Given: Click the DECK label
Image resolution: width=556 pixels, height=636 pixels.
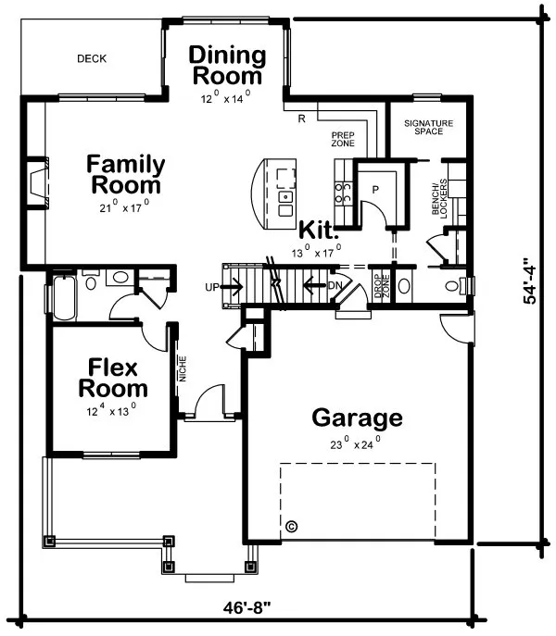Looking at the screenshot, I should [x=91, y=58].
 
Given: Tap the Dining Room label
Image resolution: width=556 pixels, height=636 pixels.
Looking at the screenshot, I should [x=228, y=66].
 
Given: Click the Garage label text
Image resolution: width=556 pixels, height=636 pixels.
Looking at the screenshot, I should [x=357, y=418].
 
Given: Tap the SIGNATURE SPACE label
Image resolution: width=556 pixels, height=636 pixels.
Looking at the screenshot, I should [x=428, y=127].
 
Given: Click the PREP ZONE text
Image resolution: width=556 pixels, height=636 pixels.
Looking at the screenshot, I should [x=344, y=140].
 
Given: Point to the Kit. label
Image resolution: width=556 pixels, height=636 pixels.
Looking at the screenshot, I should [x=319, y=228].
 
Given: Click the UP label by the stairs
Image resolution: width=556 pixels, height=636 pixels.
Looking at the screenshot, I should [x=212, y=287].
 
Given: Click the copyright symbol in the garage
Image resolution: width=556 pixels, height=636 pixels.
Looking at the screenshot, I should [x=292, y=526].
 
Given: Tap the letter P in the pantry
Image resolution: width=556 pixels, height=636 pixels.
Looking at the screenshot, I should [x=375, y=187].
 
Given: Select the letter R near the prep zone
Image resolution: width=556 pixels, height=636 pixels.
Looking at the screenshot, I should [x=302, y=118].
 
